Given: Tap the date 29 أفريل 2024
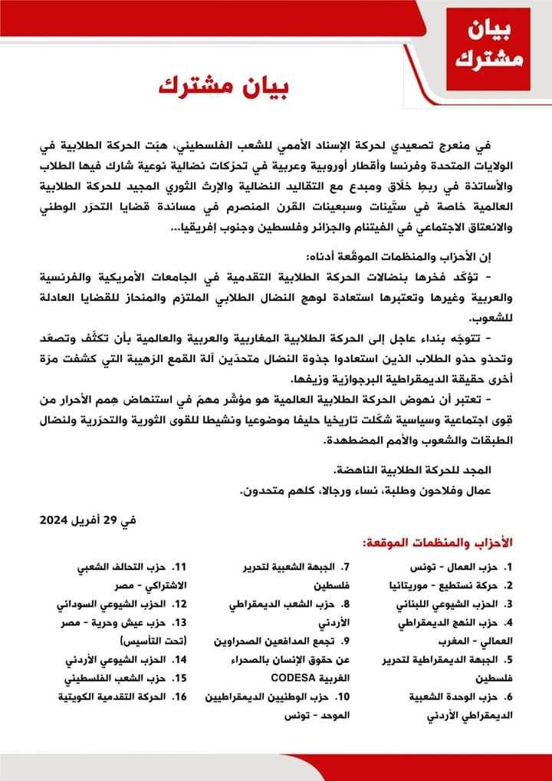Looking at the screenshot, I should [87, 519].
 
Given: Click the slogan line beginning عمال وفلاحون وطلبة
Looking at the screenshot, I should [365, 489].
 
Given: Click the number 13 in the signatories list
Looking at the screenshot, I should [181, 622].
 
